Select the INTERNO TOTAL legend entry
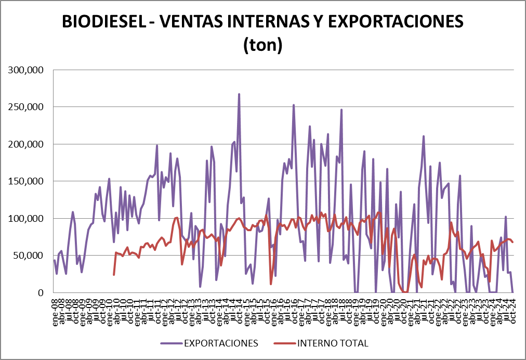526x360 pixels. [x=332, y=343]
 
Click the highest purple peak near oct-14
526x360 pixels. [x=239, y=95]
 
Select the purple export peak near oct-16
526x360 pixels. [x=294, y=105]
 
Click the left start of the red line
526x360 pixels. [x=114, y=274]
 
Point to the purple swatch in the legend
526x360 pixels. [x=170, y=343]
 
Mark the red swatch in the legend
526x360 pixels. [x=284, y=343]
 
